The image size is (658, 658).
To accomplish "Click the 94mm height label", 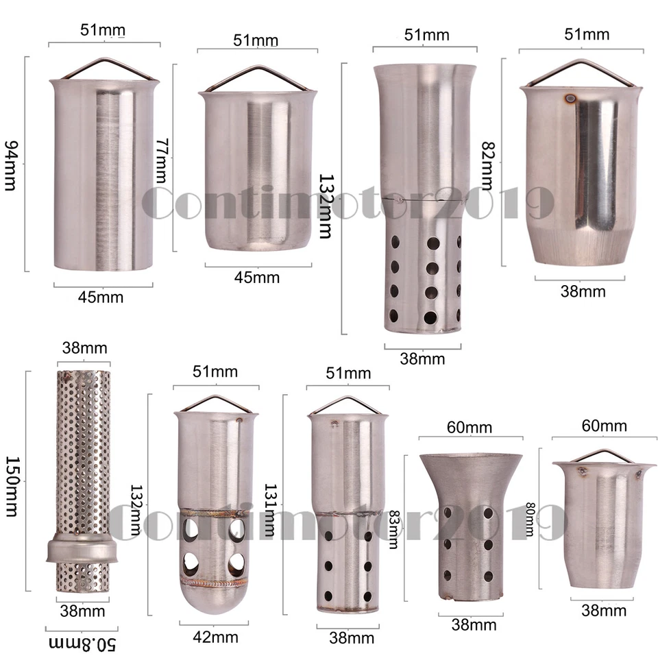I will (12, 165).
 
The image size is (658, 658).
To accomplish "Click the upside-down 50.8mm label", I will (82, 644).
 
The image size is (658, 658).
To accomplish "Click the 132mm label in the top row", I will (325, 204).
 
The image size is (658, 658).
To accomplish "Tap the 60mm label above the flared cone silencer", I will (470, 427).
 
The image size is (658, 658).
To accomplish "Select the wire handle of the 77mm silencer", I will (257, 77).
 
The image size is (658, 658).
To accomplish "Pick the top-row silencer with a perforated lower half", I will (425, 199).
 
